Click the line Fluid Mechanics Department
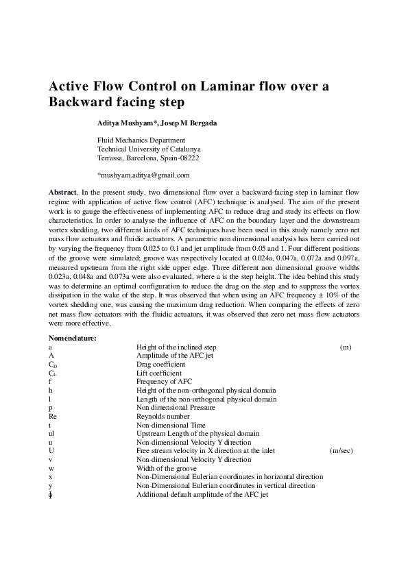(141, 140)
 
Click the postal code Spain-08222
(180, 158)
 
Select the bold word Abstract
(63, 193)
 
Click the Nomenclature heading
(72, 338)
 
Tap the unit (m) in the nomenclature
(346, 347)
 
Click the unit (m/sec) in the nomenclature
(341, 451)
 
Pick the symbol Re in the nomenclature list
(52, 416)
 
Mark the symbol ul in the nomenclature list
(51, 433)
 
